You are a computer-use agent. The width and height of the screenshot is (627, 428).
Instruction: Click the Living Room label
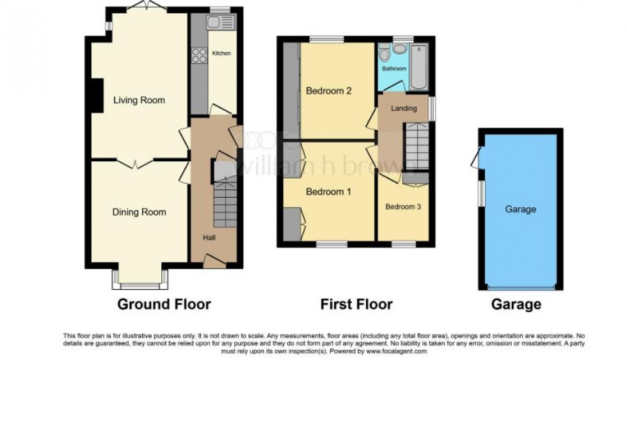click(x=139, y=100)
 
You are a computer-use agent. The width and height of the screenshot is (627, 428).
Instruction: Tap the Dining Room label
click(x=139, y=212)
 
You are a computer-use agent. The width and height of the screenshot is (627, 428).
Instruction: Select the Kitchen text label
click(x=221, y=53)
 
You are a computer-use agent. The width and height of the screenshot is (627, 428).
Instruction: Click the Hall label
click(x=209, y=238)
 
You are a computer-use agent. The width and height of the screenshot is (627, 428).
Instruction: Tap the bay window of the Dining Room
click(x=140, y=279)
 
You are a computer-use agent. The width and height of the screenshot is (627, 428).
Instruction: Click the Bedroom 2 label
click(x=329, y=91)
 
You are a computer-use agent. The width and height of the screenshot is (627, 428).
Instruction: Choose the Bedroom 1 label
click(x=329, y=191)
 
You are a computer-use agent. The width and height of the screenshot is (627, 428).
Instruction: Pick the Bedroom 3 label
click(x=403, y=207)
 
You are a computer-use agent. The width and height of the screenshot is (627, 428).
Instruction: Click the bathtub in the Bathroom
click(x=419, y=68)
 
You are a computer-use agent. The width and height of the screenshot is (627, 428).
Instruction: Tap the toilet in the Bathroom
click(x=385, y=54)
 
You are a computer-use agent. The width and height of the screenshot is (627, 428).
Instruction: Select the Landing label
click(x=404, y=108)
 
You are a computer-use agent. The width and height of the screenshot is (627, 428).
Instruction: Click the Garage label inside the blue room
click(x=520, y=209)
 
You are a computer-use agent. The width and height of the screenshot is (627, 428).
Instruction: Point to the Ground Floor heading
click(x=164, y=305)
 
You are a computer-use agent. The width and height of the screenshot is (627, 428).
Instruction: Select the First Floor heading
click(x=356, y=305)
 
